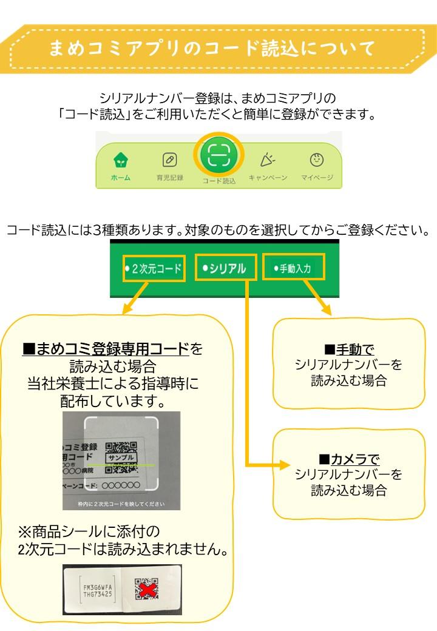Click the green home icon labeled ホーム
pyautogui.click(x=120, y=161)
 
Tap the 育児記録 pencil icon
pyautogui.click(x=170, y=161)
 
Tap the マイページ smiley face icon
pyautogui.click(x=316, y=160)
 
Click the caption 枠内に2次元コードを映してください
pyautogui.click(x=121, y=504)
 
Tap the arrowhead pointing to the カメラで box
pyautogui.click(x=285, y=465)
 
